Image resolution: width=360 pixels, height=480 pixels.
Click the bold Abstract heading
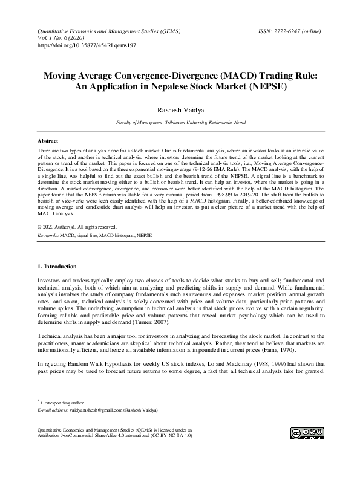click(x=48, y=140)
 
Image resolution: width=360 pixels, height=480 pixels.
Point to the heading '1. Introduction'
click(x=57, y=267)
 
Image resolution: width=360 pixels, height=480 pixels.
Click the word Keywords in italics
click(x=48, y=233)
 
